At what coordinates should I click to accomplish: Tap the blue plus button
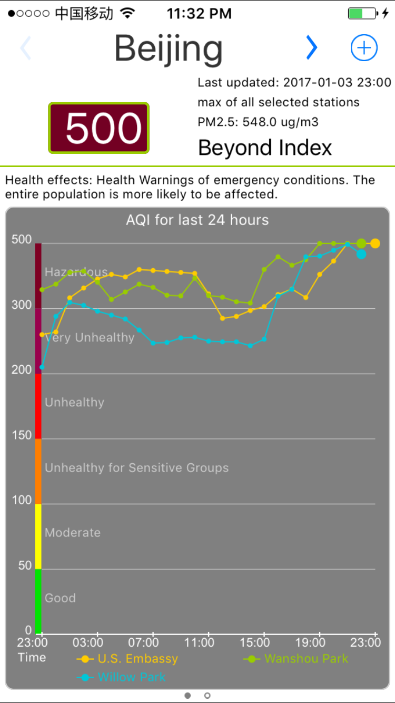(364, 48)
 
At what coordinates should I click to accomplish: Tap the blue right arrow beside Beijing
(312, 48)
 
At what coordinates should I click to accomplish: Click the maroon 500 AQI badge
(99, 128)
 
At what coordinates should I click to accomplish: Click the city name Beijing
(169, 48)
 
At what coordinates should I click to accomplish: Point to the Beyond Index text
(265, 148)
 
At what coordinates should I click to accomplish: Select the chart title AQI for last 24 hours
(197, 220)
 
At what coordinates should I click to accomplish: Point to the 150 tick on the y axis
(22, 435)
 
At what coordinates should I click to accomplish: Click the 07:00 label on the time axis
(143, 642)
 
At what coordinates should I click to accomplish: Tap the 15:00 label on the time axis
(255, 642)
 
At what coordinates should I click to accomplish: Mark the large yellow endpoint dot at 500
(375, 243)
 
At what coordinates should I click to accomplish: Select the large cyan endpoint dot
(361, 255)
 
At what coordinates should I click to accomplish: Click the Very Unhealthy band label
(90, 337)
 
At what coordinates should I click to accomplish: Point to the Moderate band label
(73, 532)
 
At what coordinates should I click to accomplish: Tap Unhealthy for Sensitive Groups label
(137, 467)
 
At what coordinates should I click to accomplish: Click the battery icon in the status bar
(362, 14)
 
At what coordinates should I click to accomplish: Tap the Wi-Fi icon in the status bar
(127, 14)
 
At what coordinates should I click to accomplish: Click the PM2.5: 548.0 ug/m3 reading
(258, 122)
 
